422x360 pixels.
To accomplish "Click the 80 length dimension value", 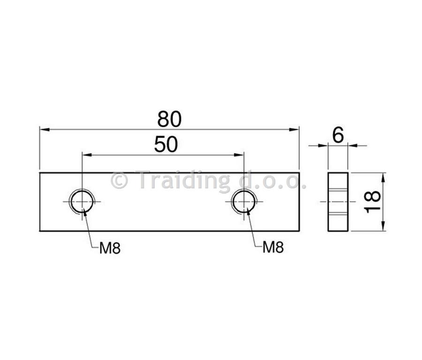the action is pos(169,119).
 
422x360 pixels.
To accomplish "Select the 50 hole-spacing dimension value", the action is pos(166,144).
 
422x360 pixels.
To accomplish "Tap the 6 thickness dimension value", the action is pos(338,135).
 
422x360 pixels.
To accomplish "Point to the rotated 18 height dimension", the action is pos(372,202).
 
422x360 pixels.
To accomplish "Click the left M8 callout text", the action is pos(110,248).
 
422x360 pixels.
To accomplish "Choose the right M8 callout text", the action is pos(273,247).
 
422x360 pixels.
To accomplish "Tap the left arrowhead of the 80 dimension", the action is pos(45,129).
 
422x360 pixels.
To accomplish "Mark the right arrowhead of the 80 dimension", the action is pos(294,129).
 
